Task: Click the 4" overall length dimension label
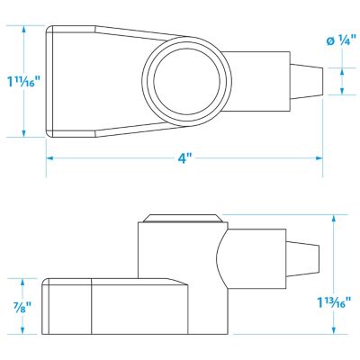point(184,158)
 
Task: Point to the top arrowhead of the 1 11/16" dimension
point(22,29)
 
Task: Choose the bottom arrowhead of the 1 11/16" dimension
point(22,134)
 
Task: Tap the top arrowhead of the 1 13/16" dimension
point(337,217)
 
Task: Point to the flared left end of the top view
point(67,82)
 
